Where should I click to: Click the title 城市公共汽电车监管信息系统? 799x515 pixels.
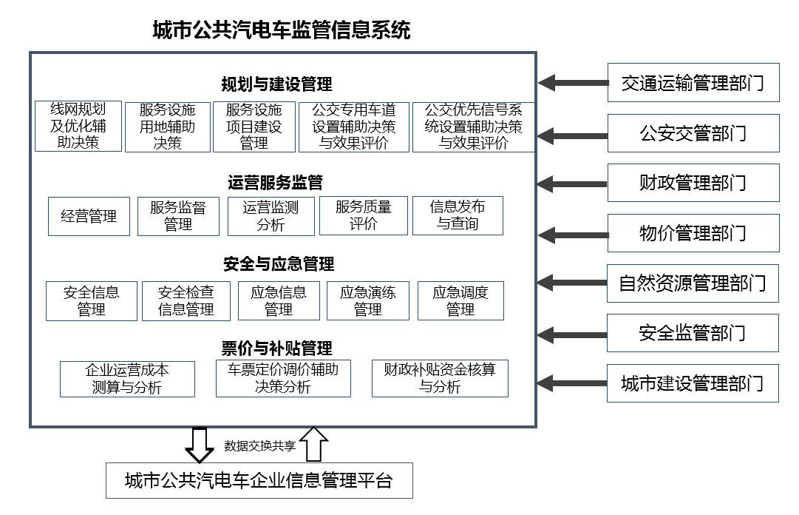coord(281,30)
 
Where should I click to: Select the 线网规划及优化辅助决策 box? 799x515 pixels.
coord(78,127)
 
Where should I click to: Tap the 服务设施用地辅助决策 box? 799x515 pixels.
coord(168,127)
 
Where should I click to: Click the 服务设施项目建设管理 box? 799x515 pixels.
coord(254,127)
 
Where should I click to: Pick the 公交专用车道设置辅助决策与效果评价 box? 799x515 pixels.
coord(353,127)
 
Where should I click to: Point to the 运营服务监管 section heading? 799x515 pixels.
coord(276,182)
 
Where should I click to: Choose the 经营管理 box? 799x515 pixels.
coord(89,216)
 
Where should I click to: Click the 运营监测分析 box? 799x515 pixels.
coord(271,216)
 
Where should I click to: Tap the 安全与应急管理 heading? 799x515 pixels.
coord(279,264)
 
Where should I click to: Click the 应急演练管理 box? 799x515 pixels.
coord(368,300)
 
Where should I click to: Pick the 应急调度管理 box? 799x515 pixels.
coord(460,300)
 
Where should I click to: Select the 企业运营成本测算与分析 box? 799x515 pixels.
coord(127,379)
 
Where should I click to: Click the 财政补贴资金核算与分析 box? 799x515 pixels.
coord(440,378)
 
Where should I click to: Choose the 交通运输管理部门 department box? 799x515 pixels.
coord(693,83)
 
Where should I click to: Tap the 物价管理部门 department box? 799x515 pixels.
coord(693,234)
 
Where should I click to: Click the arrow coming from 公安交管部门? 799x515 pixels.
coord(573,135)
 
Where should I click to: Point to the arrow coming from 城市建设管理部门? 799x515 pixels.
coord(573,383)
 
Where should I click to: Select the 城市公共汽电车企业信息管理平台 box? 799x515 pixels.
coord(259,481)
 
